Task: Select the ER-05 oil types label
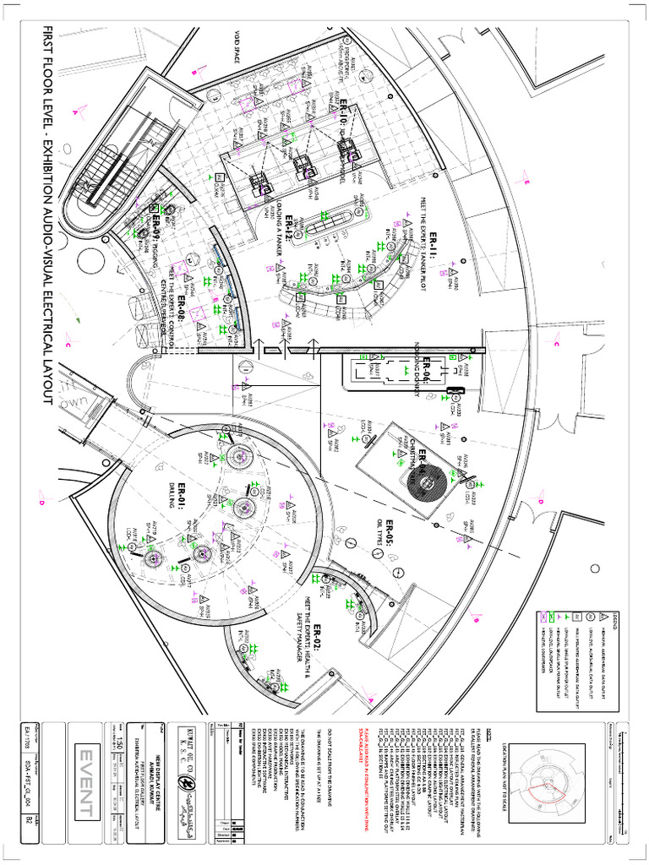point(390,541)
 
